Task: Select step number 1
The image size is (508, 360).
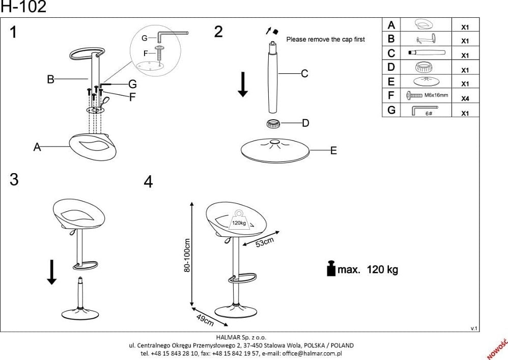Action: pyautogui.click(x=13, y=32)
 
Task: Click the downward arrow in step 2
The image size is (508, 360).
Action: pyautogui.click(x=243, y=84)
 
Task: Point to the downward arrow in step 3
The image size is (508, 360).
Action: pyautogui.click(x=51, y=272)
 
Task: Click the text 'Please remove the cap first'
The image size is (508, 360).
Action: pyautogui.click(x=325, y=39)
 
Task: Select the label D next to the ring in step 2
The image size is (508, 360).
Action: pyautogui.click(x=305, y=123)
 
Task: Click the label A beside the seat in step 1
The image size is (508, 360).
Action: pyautogui.click(x=37, y=147)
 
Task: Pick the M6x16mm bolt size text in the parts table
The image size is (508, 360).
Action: pyautogui.click(x=436, y=95)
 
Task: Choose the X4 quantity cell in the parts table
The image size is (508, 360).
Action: pyautogui.click(x=464, y=99)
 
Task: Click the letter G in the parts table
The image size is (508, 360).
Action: pyautogui.click(x=391, y=110)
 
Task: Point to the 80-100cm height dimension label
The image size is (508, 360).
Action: pyautogui.click(x=186, y=255)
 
